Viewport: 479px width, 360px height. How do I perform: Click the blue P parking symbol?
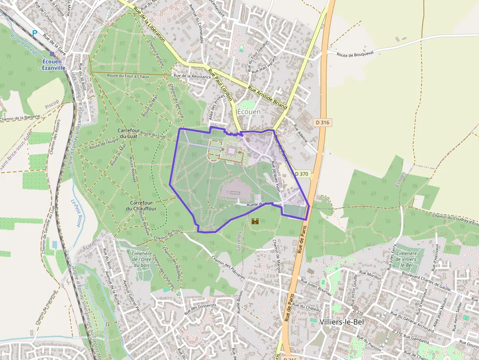35,33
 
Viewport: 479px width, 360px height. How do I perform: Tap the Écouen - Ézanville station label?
54,64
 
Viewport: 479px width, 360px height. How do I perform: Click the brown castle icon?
255,221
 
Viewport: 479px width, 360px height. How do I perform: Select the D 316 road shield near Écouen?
322,122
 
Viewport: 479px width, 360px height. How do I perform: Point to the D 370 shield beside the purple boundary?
302,173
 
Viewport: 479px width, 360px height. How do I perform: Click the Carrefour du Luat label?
129,134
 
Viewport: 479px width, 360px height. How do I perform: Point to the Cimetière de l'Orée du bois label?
142,259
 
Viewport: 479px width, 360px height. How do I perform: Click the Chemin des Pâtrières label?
228,268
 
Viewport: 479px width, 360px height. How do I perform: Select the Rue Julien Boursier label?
317,288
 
